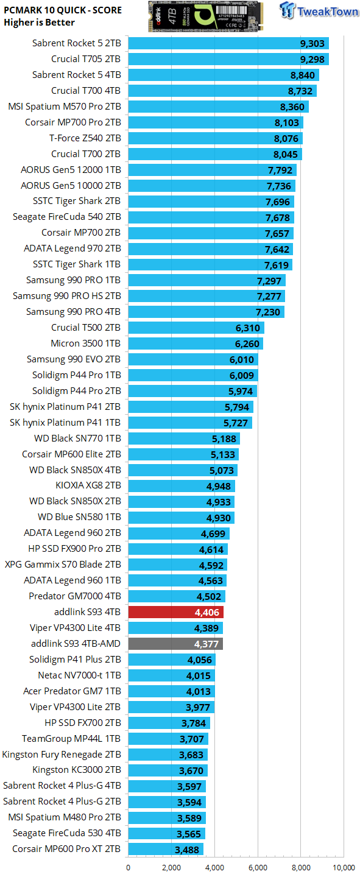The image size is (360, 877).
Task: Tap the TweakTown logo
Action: tap(319, 12)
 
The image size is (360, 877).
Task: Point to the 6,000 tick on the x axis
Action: tap(258, 867)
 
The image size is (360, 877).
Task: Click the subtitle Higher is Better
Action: tap(39, 23)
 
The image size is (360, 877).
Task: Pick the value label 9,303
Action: tap(312, 43)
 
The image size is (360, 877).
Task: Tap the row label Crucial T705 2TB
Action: tap(86, 59)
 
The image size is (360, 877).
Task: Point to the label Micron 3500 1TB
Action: tap(86, 343)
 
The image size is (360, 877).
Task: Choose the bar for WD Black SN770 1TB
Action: tap(183, 438)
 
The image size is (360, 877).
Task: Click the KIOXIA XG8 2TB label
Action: tap(88, 485)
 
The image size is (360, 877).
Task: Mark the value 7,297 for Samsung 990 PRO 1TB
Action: tap(269, 280)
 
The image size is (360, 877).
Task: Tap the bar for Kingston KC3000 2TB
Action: tap(167, 770)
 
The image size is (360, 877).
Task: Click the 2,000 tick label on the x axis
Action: tap(171, 867)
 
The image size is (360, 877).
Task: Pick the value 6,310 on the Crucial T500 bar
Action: tap(248, 328)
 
